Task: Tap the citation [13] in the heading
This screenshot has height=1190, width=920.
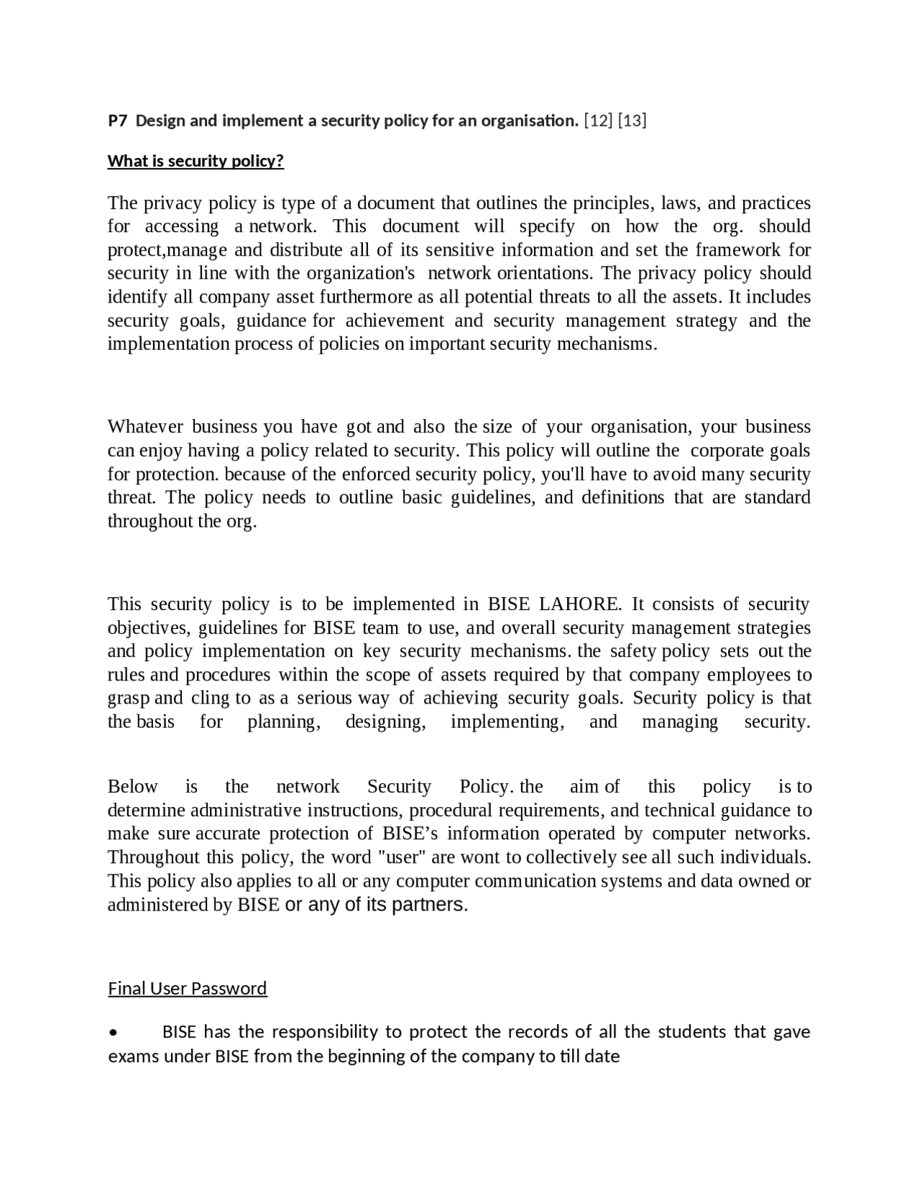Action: pos(632,121)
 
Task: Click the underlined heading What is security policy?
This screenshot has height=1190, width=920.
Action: pos(195,161)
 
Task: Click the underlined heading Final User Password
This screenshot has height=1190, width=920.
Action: pos(188,989)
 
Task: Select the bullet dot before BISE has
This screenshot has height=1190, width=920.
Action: pos(114,1033)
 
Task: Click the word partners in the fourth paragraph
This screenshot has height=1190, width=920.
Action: pos(429,905)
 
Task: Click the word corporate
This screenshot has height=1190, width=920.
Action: pos(727,451)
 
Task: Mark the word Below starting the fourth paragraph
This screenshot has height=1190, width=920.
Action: pos(132,787)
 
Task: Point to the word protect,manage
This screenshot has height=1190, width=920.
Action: pos(167,250)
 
